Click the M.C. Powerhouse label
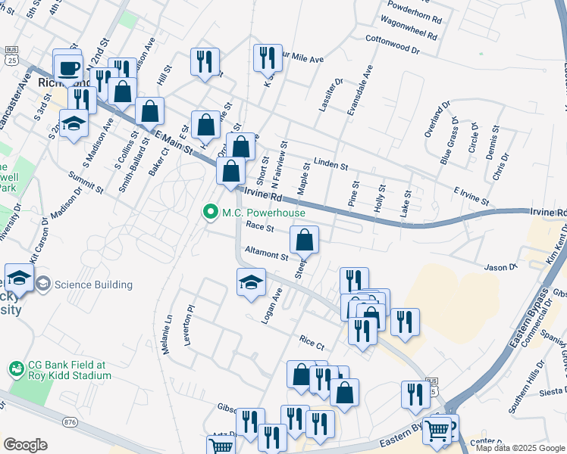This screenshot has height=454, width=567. (263, 213)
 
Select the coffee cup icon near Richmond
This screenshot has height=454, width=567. (68, 67)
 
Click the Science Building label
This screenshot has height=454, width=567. (92, 285)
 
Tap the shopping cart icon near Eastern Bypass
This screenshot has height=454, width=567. (438, 431)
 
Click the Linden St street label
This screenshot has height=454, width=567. (330, 163)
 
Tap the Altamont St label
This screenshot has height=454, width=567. (265, 255)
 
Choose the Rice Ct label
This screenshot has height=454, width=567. (312, 343)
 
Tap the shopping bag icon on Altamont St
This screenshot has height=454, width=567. (304, 241)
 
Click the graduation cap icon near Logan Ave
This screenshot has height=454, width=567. (251, 282)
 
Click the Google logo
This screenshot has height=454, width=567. (25, 445)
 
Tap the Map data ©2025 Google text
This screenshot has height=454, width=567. (520, 448)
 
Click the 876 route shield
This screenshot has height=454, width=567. (71, 421)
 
